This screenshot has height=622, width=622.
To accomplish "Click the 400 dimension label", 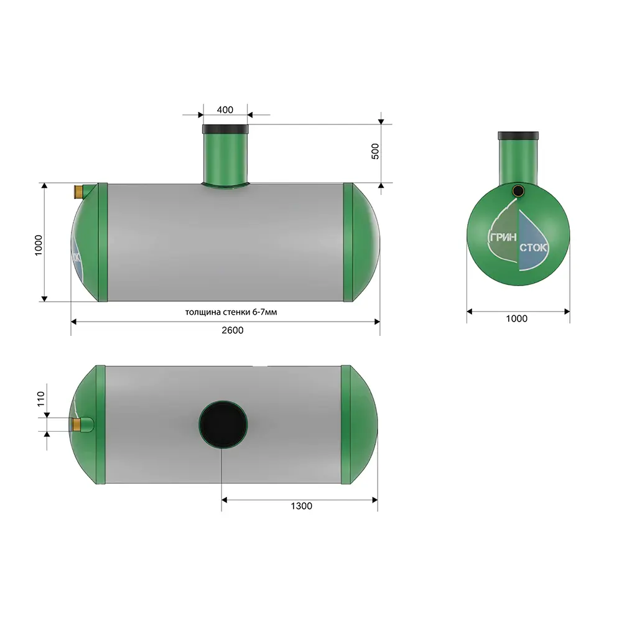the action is [225, 110].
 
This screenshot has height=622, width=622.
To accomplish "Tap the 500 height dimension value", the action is [375, 152].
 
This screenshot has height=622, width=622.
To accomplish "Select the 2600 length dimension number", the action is [233, 330].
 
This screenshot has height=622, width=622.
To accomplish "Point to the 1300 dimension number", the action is [302, 506].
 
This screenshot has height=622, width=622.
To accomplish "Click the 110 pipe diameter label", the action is [41, 399].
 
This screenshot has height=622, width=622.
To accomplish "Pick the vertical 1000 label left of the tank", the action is [38, 245].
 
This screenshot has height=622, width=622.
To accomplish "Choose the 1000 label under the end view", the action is [516, 318].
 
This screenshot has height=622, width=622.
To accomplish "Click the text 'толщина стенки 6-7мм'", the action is [231, 312].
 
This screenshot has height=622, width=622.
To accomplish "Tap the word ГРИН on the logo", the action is [503, 237].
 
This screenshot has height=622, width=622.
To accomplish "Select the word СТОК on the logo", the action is [533, 248].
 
